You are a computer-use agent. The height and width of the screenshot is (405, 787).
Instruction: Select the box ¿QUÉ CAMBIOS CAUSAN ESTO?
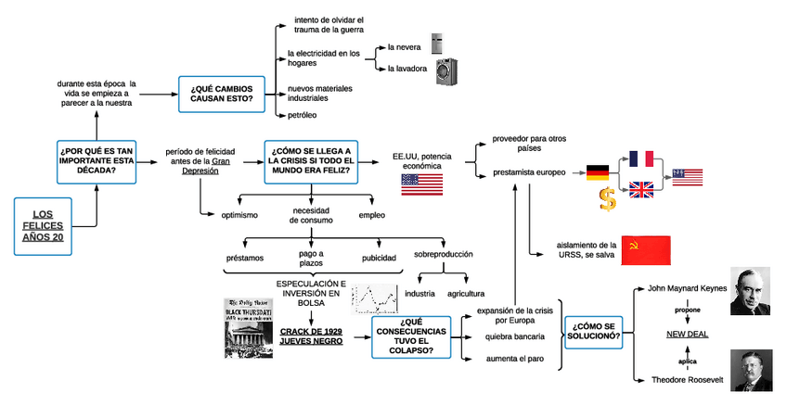[221, 93]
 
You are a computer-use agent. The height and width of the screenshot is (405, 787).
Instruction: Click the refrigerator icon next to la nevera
[436, 44]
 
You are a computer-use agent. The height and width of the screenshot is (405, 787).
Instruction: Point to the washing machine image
[446, 71]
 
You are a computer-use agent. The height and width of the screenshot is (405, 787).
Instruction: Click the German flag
[596, 172]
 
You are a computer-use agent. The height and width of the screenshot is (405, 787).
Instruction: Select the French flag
[641, 158]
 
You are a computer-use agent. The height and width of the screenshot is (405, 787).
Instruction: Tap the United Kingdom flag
[641, 190]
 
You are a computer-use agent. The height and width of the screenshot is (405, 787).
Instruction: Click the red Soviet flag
[645, 250]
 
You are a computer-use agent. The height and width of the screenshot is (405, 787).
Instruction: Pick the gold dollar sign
[607, 199]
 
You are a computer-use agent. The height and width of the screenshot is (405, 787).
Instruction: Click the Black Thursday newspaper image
[249, 327]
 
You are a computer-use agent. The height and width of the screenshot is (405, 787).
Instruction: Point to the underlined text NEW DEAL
[687, 334]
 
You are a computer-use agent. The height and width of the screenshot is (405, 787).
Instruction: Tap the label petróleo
[303, 115]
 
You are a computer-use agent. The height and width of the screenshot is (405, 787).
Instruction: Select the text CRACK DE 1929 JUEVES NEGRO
[311, 335]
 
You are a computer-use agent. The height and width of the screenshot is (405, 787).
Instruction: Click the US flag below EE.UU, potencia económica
[421, 183]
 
